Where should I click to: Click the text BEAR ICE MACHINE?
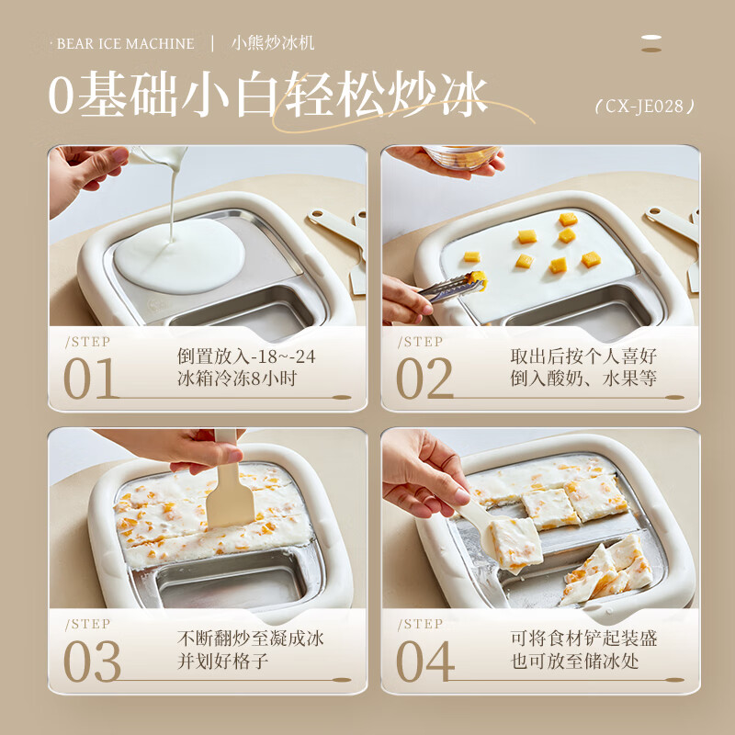125,44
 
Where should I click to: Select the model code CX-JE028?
644,107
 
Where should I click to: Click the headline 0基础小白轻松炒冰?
267,96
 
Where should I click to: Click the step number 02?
424,379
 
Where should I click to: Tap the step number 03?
91,661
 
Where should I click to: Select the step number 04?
424,661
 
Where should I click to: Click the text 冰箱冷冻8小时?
236,379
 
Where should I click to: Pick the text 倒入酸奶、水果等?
583,379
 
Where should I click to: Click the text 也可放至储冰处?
583,661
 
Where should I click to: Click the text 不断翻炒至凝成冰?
250,638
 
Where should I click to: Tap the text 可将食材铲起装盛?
583,638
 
